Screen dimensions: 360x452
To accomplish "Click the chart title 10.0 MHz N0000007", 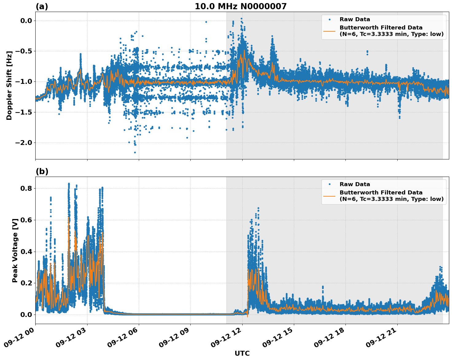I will click(240, 6).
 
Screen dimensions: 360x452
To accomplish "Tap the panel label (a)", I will click(42, 6).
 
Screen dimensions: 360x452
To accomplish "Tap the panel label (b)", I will click(42, 171).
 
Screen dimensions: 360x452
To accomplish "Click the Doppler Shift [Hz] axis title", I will click(9, 85).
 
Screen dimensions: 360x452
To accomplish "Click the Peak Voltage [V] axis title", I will click(15, 250).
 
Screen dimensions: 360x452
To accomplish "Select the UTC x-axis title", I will click(242, 353).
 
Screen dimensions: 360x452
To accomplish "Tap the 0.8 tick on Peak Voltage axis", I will click(26, 188).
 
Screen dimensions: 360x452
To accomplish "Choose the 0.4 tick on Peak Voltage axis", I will click(26, 252).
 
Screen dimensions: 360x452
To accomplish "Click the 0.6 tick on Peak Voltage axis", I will click(26, 220).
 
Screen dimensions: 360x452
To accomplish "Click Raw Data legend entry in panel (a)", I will click(355, 20).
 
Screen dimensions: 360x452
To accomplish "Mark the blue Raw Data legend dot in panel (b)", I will click(329, 184).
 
